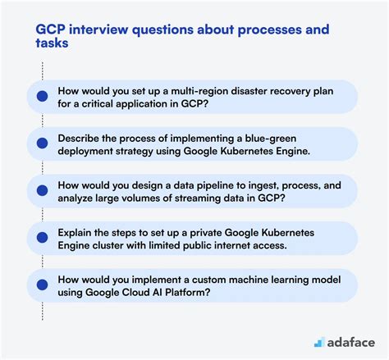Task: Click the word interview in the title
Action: (98, 30)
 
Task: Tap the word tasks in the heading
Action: (52, 43)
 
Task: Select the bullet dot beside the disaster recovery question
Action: (42, 96)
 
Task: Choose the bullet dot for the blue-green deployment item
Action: (42, 144)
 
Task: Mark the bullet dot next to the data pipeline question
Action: (42, 190)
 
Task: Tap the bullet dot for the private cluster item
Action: (42, 238)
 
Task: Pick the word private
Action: (205, 233)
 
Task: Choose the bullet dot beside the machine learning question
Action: (42, 285)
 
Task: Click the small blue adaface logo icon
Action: (319, 342)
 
